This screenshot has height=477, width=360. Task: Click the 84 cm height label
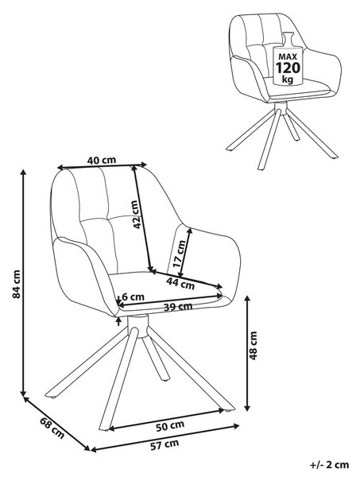point(17,284)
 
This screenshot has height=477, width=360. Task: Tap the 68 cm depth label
point(52,429)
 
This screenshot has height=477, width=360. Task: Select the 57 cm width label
point(165,444)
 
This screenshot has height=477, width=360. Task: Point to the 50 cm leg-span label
point(170,425)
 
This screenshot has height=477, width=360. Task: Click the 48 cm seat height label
point(253,346)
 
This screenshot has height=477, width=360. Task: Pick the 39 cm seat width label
point(178,307)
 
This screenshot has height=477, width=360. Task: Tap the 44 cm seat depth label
point(180,284)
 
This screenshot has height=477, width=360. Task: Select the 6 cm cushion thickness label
point(133,297)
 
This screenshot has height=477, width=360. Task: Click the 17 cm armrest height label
point(179,254)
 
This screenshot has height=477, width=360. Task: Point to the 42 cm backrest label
point(135,214)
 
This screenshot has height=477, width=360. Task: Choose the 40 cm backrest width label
point(102,160)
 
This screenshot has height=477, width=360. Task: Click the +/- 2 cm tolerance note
point(330,464)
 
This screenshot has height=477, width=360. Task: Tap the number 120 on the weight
point(288,68)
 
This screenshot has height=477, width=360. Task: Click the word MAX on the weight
point(288,56)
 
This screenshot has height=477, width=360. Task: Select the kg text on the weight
point(288,79)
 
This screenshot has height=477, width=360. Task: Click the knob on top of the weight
point(288,39)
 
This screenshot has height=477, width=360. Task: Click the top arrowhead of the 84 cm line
point(23,173)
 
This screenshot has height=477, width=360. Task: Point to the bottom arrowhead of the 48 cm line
point(247,408)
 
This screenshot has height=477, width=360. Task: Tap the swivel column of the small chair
point(281,108)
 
